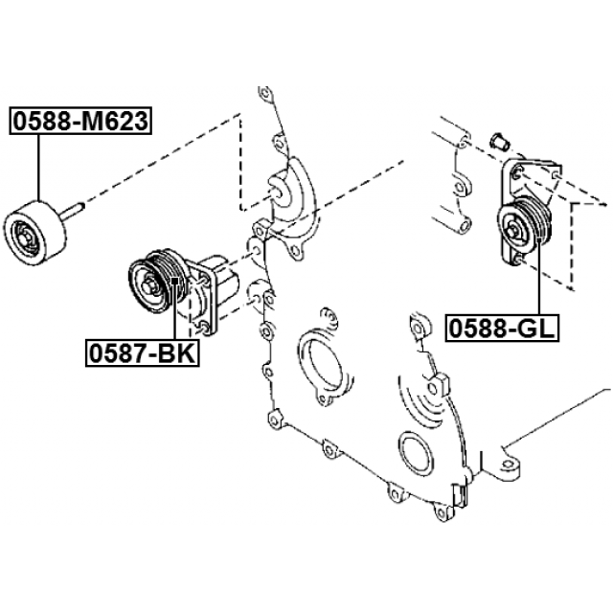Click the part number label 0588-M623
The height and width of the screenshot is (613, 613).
click(x=80, y=121)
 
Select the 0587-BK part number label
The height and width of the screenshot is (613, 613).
click(x=143, y=352)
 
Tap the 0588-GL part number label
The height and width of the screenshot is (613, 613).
click(x=502, y=328)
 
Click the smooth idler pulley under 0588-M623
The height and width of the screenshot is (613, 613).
click(x=34, y=234)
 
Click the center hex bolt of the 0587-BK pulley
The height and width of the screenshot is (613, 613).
click(x=149, y=286)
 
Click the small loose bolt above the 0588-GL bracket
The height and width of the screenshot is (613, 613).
click(x=499, y=142)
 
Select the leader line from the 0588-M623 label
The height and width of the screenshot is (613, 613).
click(x=38, y=168)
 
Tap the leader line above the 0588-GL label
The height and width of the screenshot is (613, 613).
click(x=539, y=277)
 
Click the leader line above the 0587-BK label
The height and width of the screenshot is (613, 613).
click(x=174, y=308)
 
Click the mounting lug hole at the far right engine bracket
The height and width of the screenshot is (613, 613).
click(x=508, y=464)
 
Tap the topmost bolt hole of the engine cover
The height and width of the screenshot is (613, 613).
click(x=264, y=94)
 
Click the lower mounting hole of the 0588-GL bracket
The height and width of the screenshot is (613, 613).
click(x=517, y=259)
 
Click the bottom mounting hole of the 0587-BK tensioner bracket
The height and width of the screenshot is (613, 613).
click(x=204, y=326)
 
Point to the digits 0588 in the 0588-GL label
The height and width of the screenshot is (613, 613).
click(x=477, y=328)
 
